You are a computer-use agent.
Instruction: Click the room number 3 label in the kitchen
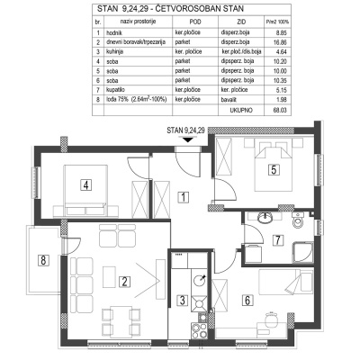tap(182, 301)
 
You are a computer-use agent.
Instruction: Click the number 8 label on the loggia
tap(42, 262)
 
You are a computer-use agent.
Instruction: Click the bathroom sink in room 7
tap(265, 218)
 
